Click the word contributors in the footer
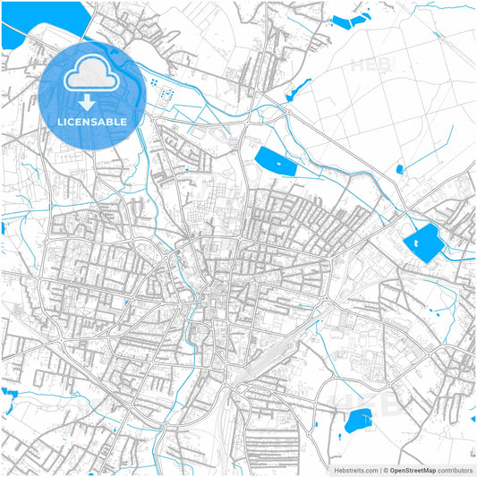455,470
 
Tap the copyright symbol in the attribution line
385,470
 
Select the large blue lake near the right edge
422,242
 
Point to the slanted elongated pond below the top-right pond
298,90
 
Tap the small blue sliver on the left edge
3,229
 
